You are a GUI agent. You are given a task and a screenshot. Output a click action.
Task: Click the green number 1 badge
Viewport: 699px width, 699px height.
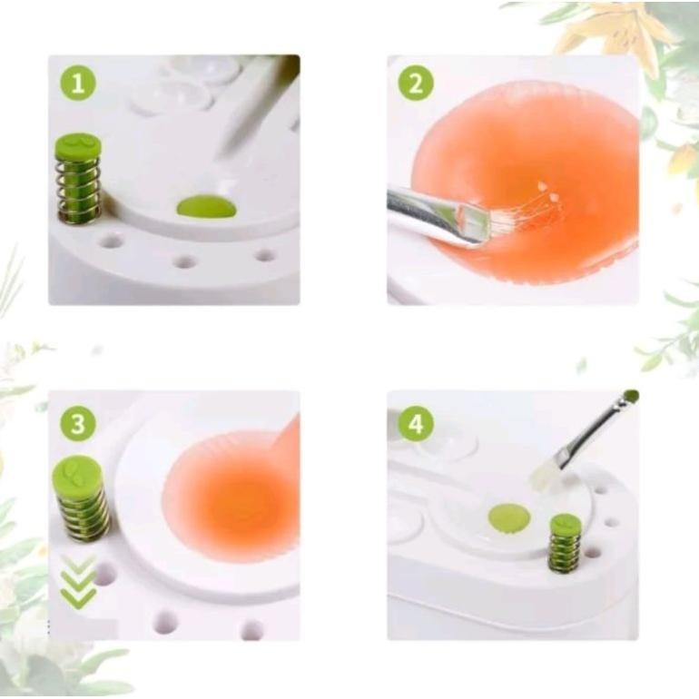[x=78, y=84]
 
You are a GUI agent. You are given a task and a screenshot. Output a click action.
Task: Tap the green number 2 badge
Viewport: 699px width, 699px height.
[x=416, y=84]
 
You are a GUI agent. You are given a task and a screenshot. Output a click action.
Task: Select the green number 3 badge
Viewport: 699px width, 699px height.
[x=78, y=423]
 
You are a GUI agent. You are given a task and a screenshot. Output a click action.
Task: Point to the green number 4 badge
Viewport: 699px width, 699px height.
[x=416, y=423]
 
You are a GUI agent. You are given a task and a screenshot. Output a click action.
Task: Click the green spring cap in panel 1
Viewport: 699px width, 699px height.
[x=78, y=145]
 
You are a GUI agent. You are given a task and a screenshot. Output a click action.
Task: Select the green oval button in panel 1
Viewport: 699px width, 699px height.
[x=206, y=207]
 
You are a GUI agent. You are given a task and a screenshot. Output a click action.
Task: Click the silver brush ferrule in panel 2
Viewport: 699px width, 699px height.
[x=436, y=215]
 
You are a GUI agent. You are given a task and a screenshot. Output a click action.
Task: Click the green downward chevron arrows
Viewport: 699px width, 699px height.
[x=78, y=581]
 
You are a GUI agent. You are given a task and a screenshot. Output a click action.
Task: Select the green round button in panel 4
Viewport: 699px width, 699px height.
[x=509, y=518]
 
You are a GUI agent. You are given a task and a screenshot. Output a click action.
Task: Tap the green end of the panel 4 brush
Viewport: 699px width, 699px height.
[x=631, y=397]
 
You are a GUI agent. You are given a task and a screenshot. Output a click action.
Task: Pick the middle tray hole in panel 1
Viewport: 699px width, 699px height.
[x=185, y=261]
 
